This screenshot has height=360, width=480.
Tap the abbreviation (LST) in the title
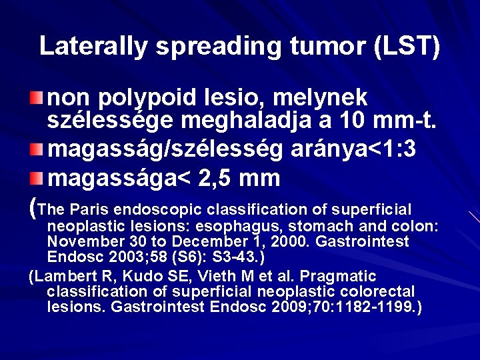[409, 47]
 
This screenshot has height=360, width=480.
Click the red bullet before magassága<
[42, 179]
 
